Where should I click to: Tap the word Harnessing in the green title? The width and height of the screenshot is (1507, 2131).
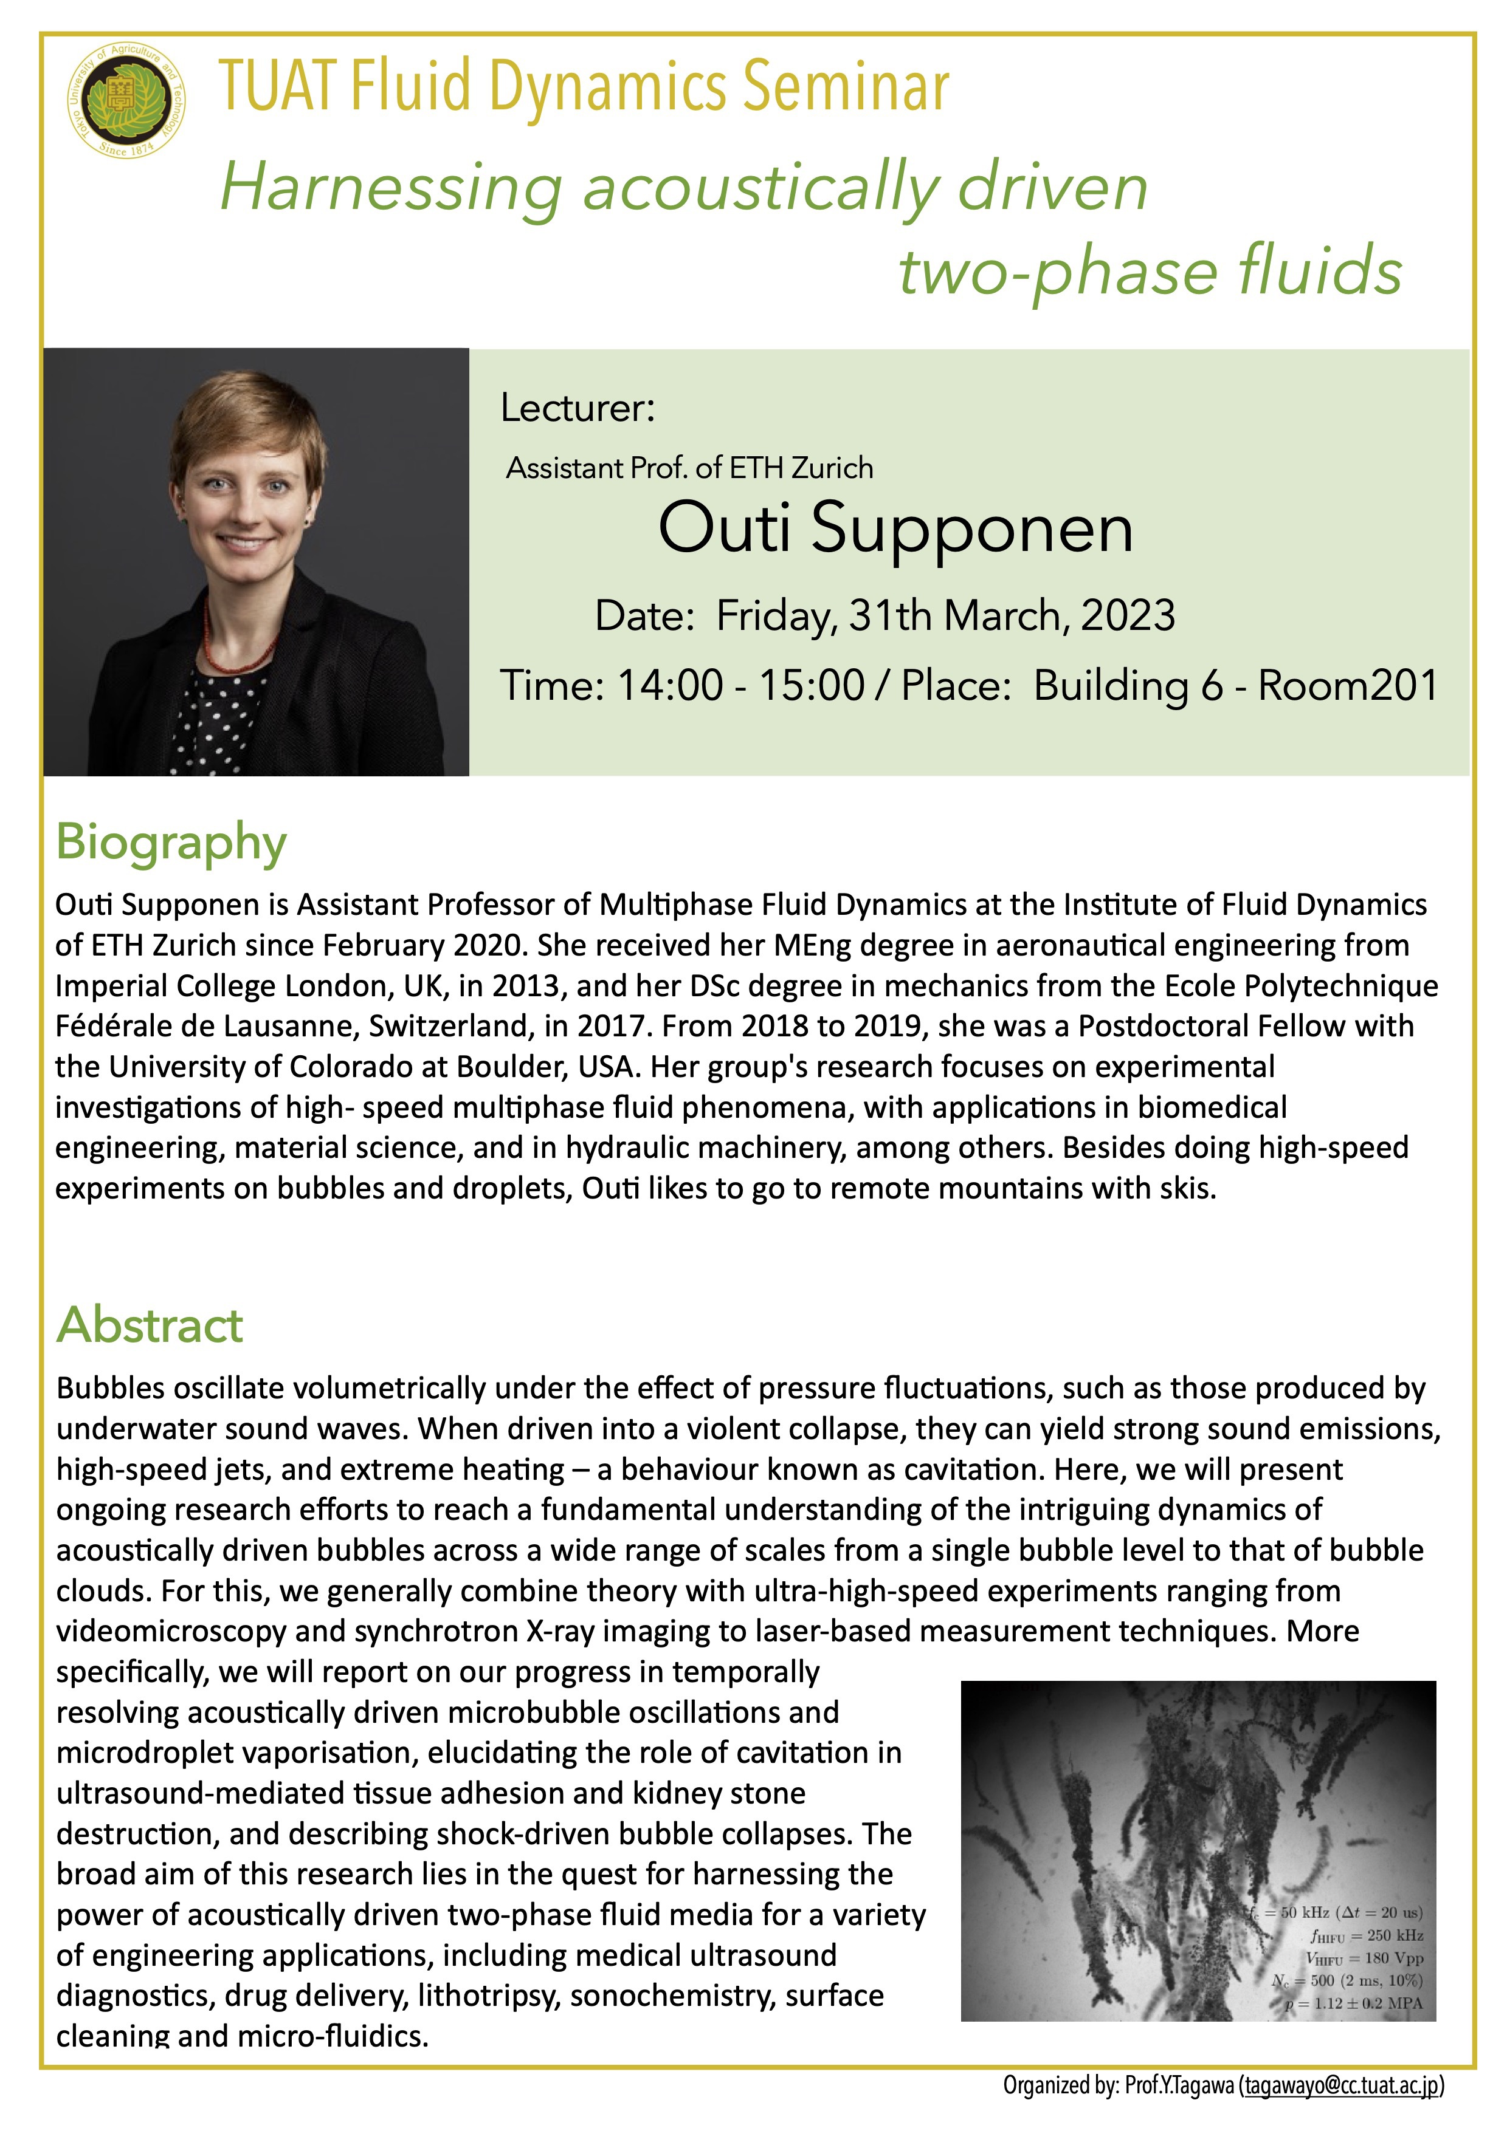391,188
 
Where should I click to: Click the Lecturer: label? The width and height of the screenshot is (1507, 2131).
578,408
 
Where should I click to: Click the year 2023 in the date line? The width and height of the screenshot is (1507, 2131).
1127,615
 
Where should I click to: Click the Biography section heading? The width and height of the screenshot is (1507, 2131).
172,843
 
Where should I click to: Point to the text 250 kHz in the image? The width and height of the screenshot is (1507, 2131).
1395,1935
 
